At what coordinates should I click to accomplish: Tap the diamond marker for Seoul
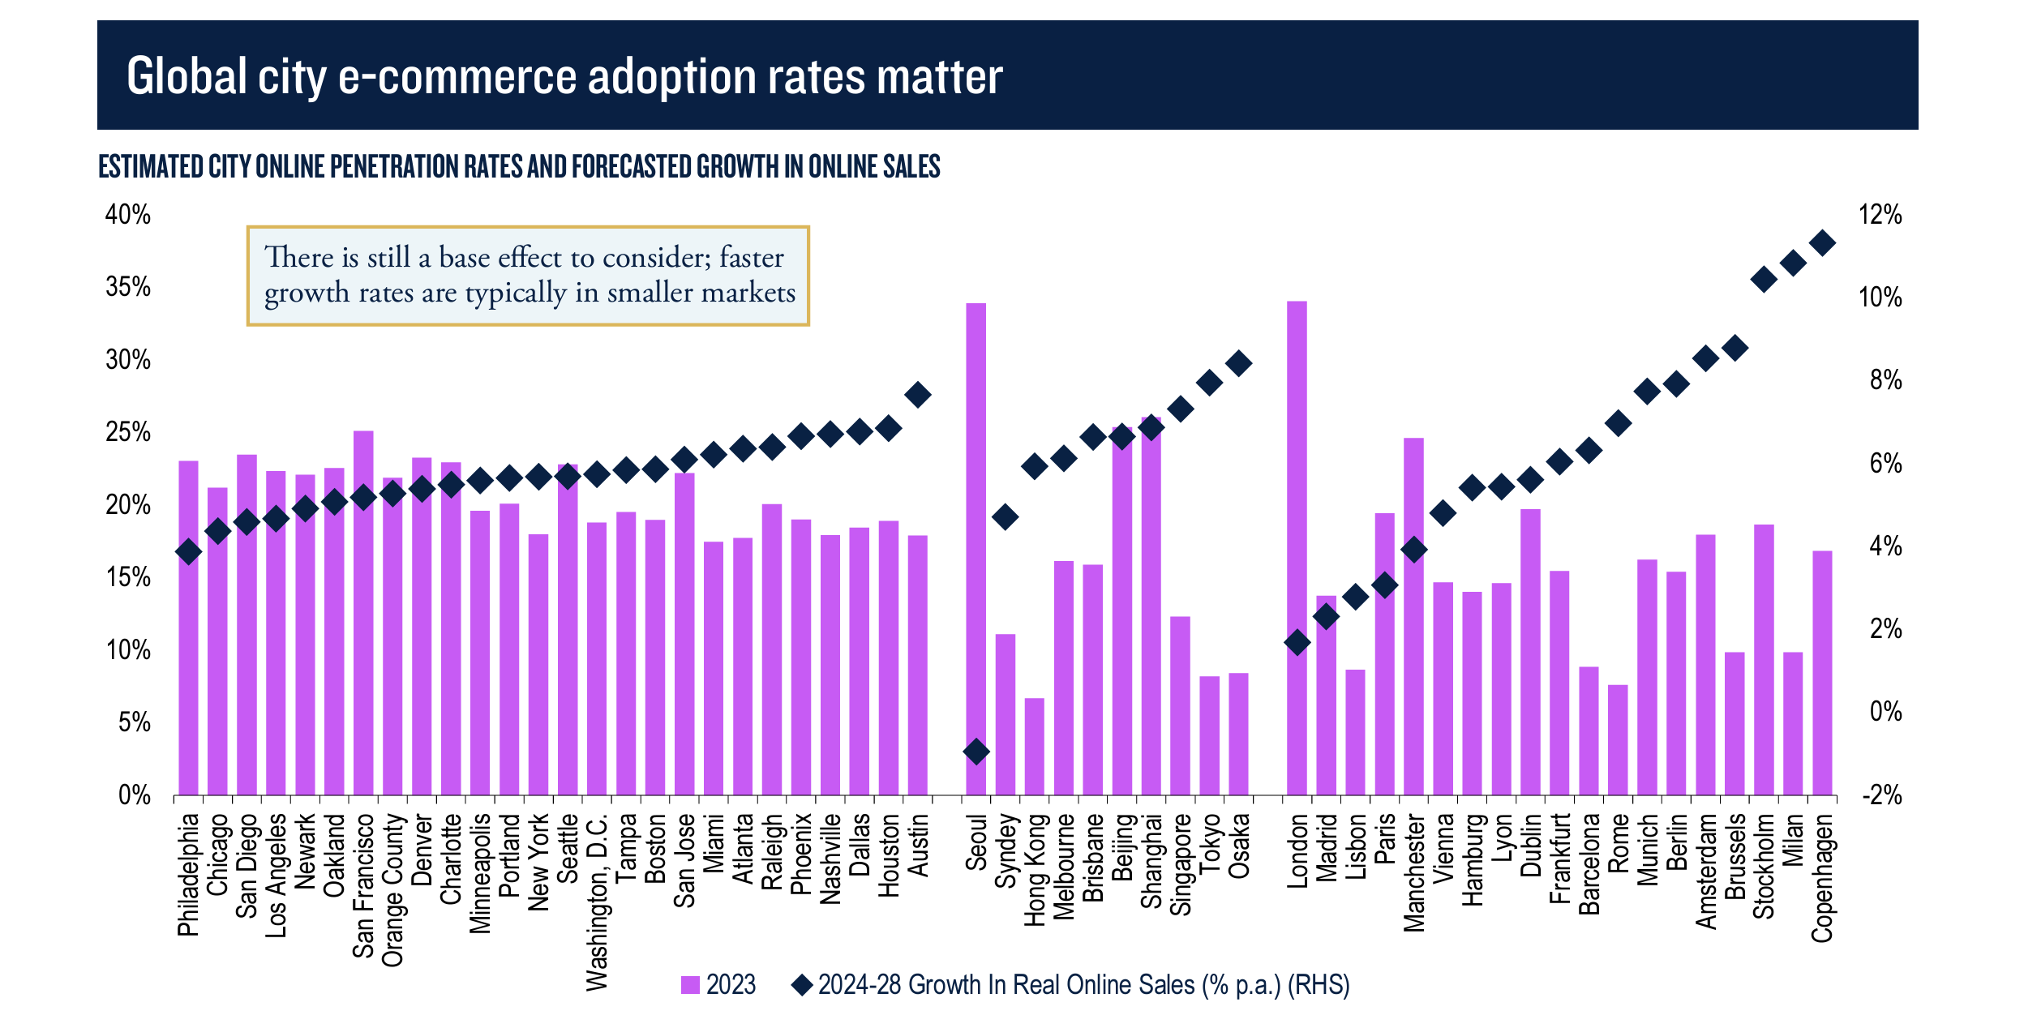pyautogui.click(x=976, y=752)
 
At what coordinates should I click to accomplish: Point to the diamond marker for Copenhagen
pyautogui.click(x=1822, y=243)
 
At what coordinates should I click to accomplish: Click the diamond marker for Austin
pyautogui.click(x=918, y=396)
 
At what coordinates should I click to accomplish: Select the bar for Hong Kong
pyautogui.click(x=1034, y=746)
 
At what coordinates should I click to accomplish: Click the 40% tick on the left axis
pyautogui.click(x=128, y=215)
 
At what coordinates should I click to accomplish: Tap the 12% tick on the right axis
pyautogui.click(x=1880, y=215)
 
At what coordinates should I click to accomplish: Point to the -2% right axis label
pyautogui.click(x=1881, y=795)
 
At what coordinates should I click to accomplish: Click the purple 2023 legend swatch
pyautogui.click(x=690, y=985)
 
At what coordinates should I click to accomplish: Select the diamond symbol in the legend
pyautogui.click(x=802, y=985)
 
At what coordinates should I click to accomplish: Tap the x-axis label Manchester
pyautogui.click(x=1413, y=873)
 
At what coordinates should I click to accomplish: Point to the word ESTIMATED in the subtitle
pyautogui.click(x=151, y=167)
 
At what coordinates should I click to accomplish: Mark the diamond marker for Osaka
pyautogui.click(x=1238, y=363)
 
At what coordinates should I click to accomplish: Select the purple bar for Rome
pyautogui.click(x=1618, y=739)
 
